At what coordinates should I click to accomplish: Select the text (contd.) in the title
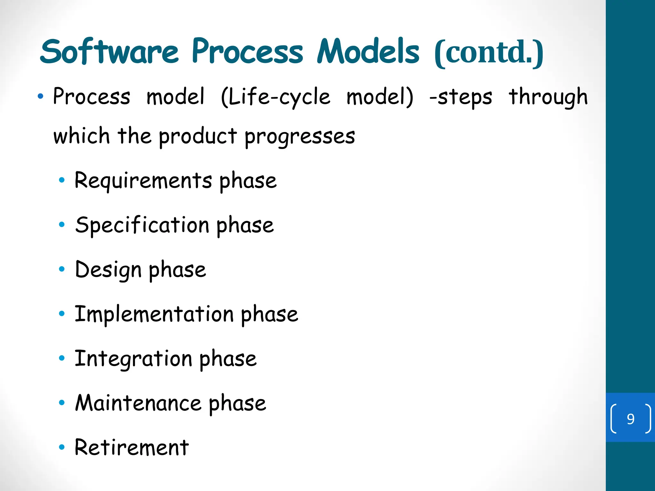pos(489,53)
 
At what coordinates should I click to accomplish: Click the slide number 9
pos(630,419)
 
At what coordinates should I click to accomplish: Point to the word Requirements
pos(143,181)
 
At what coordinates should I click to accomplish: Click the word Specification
pos(142,225)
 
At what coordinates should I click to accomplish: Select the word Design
pos(108,269)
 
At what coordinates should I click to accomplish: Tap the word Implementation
pos(154,314)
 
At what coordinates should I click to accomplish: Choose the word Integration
pos(133,358)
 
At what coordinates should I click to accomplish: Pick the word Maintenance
pos(138,403)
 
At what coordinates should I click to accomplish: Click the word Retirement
pos(131,447)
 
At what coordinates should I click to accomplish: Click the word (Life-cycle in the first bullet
pos(275,97)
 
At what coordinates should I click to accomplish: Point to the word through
pos(548,97)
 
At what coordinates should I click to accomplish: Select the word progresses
pos(300,136)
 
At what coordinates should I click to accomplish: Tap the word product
pos(198,136)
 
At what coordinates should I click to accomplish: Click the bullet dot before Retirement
pos(62,447)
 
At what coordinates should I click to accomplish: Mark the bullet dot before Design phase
pos(62,269)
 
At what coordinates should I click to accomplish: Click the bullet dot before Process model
pos(40,96)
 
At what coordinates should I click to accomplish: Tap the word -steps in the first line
pos(461,97)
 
